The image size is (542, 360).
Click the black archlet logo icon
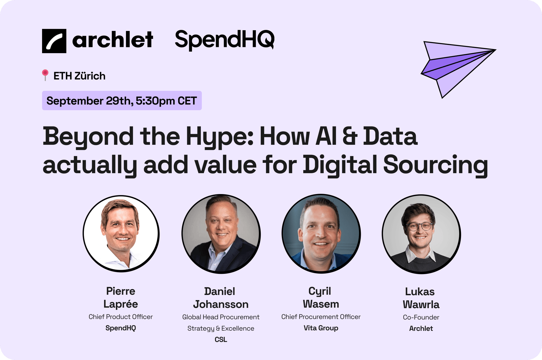pos(54,41)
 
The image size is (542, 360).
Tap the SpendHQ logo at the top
pos(225,40)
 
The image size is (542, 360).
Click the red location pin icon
pos(45,75)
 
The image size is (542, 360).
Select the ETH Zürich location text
pos(79,76)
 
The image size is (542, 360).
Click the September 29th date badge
pos(122,101)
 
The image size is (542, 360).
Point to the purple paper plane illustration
pos(458,69)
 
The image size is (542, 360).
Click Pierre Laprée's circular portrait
pos(121,234)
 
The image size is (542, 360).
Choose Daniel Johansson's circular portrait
pos(221,234)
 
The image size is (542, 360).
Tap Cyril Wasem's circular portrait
pos(321,234)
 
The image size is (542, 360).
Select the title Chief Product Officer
pos(121,317)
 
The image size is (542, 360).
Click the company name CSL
pos(221,339)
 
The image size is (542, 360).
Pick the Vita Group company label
pos(321,328)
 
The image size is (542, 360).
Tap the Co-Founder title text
pos(421,317)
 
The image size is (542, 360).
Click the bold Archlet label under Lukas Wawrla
pos(421,329)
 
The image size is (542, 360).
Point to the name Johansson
pos(221,304)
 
